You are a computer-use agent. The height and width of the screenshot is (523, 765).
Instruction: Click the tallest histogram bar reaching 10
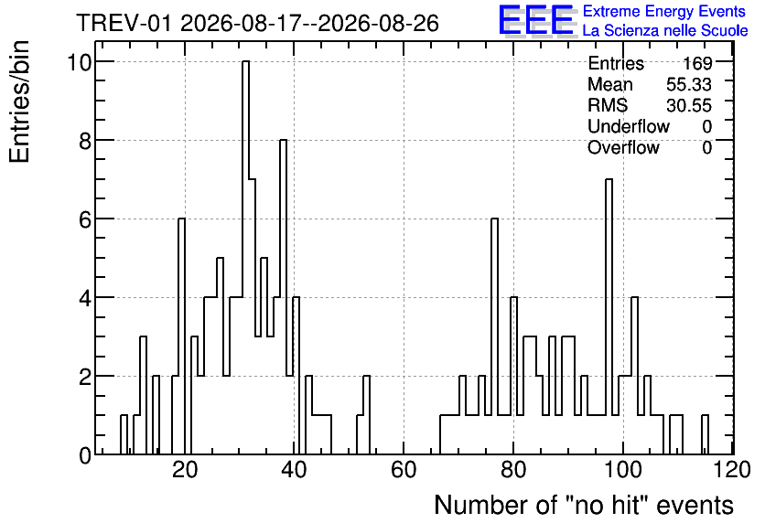pyautogui.click(x=245, y=257)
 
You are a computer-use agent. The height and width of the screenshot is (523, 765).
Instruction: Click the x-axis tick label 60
pyautogui.click(x=404, y=470)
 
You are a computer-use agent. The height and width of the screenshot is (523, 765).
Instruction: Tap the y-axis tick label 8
pyautogui.click(x=85, y=141)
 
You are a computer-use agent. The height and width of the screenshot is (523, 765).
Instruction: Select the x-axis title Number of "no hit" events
pyautogui.click(x=584, y=505)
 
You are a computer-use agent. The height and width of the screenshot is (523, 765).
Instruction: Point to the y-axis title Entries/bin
pyautogui.click(x=19, y=101)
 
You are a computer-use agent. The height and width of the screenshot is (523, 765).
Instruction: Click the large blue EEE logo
pyautogui.click(x=536, y=20)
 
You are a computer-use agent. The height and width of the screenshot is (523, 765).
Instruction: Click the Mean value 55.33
pyautogui.click(x=689, y=84)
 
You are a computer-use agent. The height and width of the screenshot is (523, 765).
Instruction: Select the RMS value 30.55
pyautogui.click(x=689, y=105)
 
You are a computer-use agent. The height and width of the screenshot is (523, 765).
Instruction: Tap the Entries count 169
pyautogui.click(x=697, y=63)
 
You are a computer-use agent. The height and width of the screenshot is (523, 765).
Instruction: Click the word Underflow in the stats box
pyautogui.click(x=629, y=126)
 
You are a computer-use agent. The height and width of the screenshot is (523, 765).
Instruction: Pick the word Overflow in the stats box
pyautogui.click(x=623, y=147)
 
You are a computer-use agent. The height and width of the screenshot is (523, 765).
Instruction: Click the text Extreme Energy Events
pyautogui.click(x=664, y=11)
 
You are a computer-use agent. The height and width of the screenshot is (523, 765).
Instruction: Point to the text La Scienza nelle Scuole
pyautogui.click(x=665, y=30)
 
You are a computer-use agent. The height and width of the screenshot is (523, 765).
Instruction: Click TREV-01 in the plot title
pyautogui.click(x=124, y=24)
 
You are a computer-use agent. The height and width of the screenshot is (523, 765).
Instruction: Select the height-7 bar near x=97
pyautogui.click(x=609, y=317)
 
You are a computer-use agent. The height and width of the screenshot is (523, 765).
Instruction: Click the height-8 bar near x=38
pyautogui.click(x=283, y=297)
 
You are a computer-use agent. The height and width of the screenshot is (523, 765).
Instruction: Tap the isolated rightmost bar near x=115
pyautogui.click(x=705, y=435)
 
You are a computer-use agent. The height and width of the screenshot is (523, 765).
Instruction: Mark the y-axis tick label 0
pyautogui.click(x=85, y=455)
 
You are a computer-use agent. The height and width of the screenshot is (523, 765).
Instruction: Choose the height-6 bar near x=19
pyautogui.click(x=181, y=336)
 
